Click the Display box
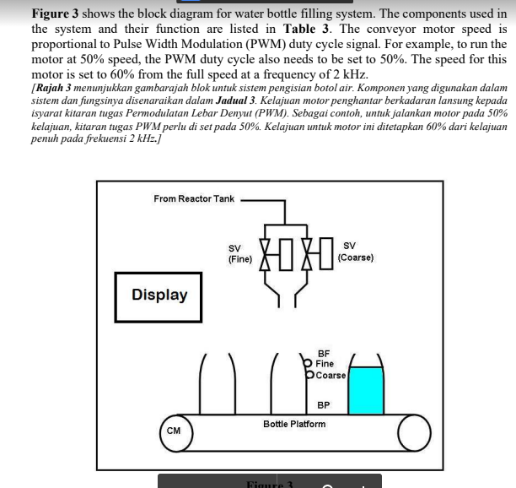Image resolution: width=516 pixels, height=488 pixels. pyautogui.click(x=159, y=296)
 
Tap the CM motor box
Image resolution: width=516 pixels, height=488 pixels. pyautogui.click(x=173, y=431)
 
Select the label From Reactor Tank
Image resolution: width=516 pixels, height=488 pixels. pyautogui.click(x=194, y=198)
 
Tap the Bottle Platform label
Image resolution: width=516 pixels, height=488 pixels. pyautogui.click(x=294, y=424)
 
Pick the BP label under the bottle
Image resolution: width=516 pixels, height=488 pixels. pyautogui.click(x=324, y=405)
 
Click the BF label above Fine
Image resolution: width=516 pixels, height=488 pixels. pyautogui.click(x=324, y=353)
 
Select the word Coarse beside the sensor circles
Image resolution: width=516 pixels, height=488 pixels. pyautogui.click(x=331, y=375)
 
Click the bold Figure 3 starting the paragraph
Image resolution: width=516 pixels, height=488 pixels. pyautogui.click(x=62, y=14)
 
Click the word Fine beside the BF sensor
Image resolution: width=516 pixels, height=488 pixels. pyautogui.click(x=325, y=364)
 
